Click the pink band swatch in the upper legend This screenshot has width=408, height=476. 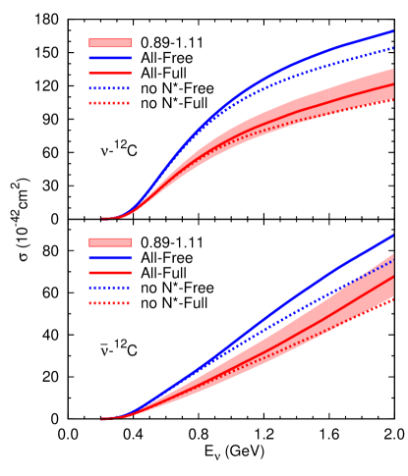tap(109, 43)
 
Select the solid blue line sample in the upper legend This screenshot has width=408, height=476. tap(109, 58)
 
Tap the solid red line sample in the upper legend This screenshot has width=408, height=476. tap(109, 73)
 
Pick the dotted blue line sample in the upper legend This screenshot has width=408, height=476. tap(109, 87)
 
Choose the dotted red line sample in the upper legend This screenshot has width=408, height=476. tap(109, 102)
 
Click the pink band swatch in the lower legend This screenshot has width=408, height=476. tap(109, 242)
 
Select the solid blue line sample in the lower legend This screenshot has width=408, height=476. tap(109, 257)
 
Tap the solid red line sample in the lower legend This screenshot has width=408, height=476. tap(109, 272)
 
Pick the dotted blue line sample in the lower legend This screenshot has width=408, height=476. tap(109, 288)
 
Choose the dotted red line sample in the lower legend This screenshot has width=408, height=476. tap(109, 303)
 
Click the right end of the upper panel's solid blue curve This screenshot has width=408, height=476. tap(393, 30)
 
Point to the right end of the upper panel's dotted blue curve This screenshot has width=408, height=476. tap(393, 47)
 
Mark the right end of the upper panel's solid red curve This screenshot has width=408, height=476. tap(393, 83)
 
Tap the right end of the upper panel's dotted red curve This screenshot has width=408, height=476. tap(393, 99)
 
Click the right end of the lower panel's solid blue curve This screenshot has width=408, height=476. tap(393, 235)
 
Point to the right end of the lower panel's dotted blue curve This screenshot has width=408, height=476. tap(393, 260)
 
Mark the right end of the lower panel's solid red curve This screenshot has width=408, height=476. tap(393, 276)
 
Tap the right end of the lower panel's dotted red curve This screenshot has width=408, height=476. tap(393, 299)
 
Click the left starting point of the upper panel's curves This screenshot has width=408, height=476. tap(102, 219)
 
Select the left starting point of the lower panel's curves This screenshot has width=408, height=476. tap(102, 419)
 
